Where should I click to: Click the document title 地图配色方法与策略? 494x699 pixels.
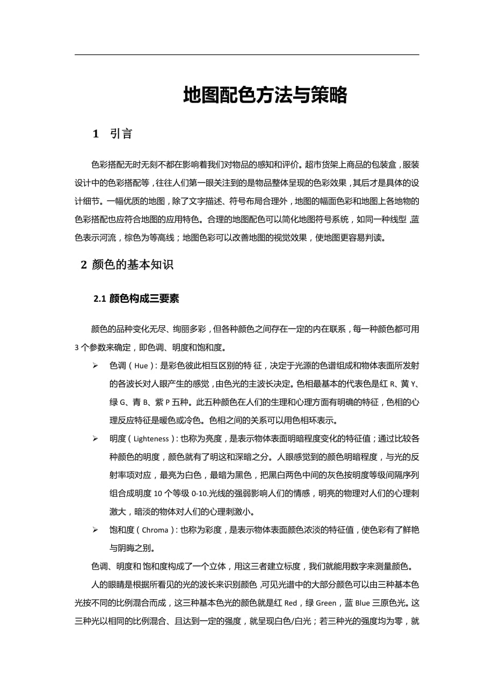(265, 96)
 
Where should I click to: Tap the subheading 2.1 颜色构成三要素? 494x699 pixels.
(136, 299)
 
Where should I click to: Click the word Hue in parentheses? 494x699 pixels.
(141, 366)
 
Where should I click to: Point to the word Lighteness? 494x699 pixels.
(151, 439)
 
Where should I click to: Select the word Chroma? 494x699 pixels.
(155, 530)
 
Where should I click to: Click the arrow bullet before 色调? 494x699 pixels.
(95, 366)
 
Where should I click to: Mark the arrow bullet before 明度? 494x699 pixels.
(95, 439)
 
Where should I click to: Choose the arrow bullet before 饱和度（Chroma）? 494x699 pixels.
(95, 530)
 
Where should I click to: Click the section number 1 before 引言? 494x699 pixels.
(96, 134)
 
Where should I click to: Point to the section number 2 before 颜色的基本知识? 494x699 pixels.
(83, 264)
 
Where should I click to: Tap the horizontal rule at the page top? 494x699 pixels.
(246, 54)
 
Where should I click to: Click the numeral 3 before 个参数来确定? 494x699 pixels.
(77, 347)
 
